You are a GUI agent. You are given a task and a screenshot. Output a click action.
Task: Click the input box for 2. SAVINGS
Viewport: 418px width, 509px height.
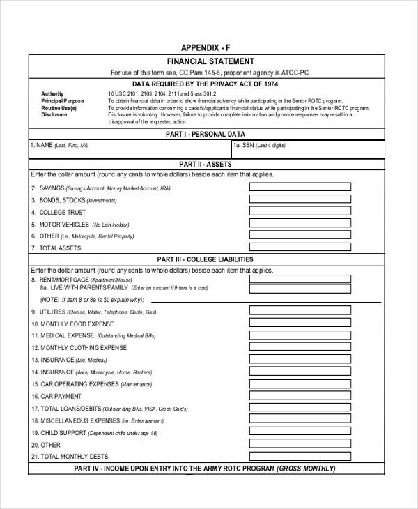coord(300,187)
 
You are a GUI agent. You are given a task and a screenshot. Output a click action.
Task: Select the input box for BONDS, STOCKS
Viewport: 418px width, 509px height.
coord(300,199)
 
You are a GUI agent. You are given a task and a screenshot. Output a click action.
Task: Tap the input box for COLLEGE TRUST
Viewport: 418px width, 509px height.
coord(300,211)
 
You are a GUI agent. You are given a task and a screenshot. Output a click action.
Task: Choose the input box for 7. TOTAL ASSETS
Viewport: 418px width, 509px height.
coord(300,248)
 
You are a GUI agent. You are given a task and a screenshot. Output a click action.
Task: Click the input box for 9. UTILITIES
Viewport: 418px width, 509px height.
coord(300,311)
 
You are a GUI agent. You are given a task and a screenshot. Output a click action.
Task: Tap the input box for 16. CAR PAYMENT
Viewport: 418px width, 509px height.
coord(300,396)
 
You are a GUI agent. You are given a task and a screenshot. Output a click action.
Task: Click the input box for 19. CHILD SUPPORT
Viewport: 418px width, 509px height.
coord(300,432)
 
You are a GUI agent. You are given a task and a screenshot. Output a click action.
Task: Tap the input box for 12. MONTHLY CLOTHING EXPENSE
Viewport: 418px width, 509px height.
coord(300,347)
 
